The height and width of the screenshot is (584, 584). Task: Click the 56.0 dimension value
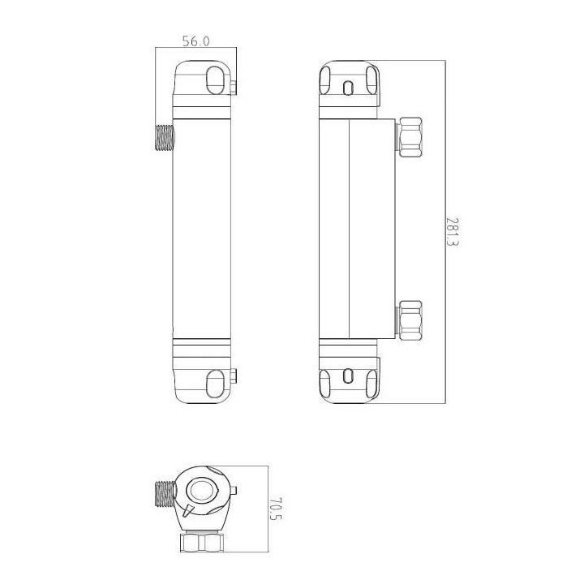[195, 41]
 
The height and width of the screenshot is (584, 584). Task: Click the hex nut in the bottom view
[198, 542]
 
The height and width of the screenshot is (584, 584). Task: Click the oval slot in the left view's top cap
[216, 81]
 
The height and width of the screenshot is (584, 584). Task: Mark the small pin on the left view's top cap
[234, 84]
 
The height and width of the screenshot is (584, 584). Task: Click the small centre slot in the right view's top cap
[349, 88]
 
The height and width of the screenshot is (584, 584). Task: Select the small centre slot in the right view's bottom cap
[349, 376]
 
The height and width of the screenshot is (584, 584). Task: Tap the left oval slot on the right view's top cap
[326, 82]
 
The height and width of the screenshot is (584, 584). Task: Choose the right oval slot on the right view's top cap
[371, 82]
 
